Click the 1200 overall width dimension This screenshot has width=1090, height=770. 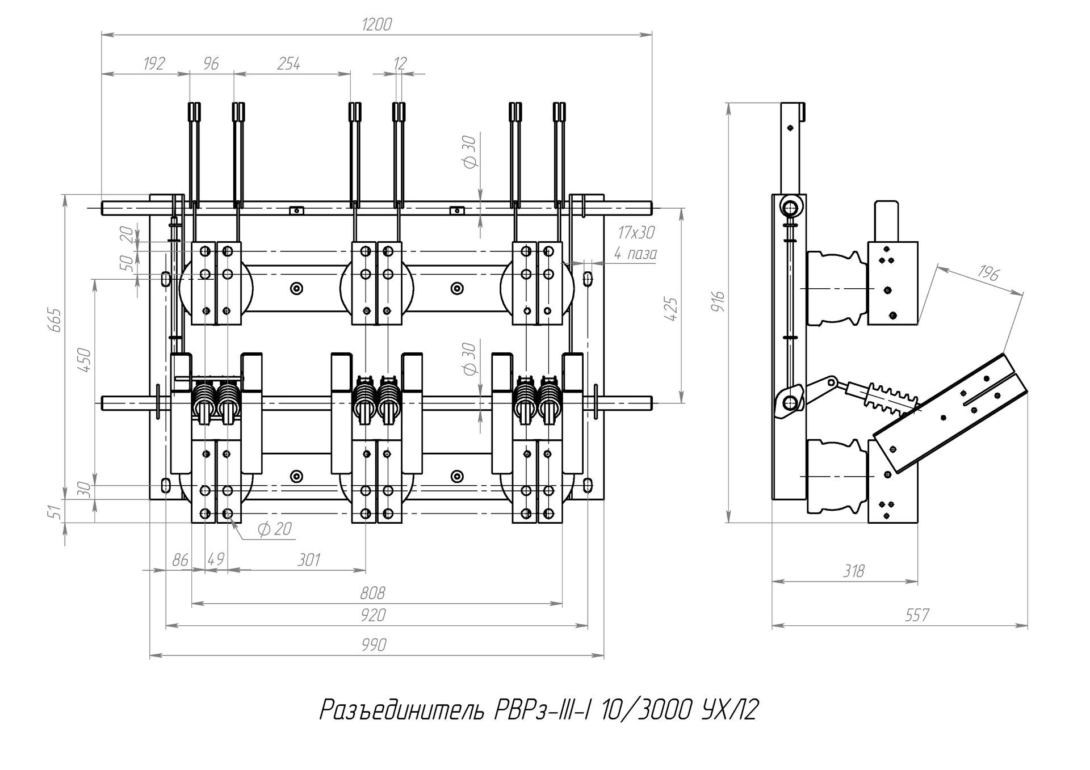coord(376,24)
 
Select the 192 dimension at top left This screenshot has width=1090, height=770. coord(154,64)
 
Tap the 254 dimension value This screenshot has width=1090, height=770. coord(288,64)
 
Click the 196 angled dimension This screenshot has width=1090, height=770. coord(988,275)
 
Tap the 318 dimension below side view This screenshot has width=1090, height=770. coord(853,571)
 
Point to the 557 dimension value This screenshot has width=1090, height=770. coord(917,615)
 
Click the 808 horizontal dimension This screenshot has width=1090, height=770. coord(372,594)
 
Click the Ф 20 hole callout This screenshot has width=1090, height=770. coord(275,529)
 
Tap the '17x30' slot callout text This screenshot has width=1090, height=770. coord(636,232)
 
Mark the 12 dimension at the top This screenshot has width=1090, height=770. coord(400,64)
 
